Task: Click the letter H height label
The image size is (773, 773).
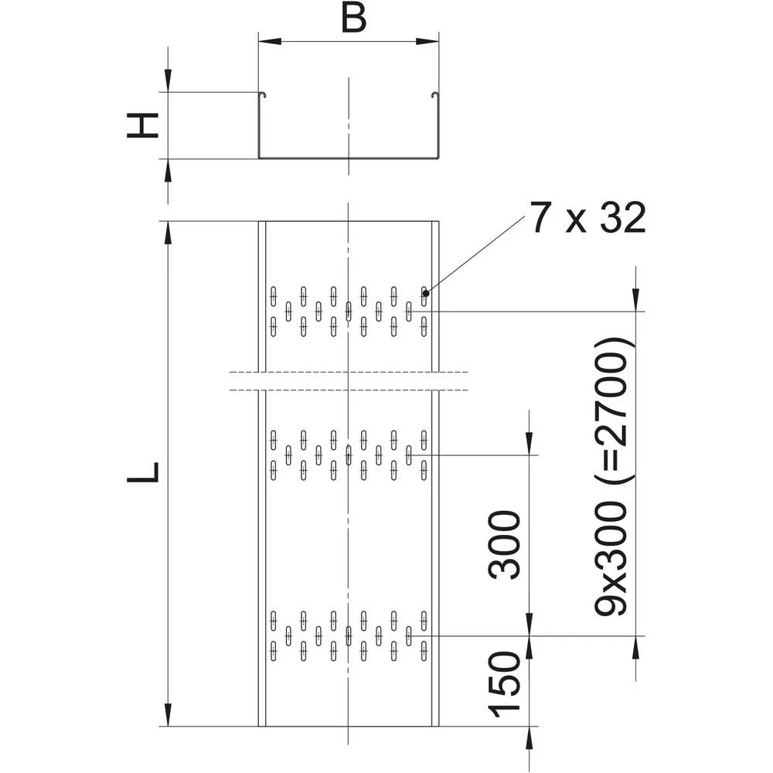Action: tap(143, 124)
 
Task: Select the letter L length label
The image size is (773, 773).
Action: tap(143, 472)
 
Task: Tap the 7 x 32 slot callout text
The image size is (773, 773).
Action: tap(587, 221)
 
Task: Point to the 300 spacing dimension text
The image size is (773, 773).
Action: tap(506, 544)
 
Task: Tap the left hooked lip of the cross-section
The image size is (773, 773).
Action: tap(261, 95)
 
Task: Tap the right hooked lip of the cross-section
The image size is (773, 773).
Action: tap(434, 95)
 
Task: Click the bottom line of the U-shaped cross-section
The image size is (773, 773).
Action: tap(348, 158)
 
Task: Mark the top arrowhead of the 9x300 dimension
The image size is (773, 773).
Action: tap(635, 302)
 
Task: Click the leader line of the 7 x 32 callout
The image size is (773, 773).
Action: tap(475, 255)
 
